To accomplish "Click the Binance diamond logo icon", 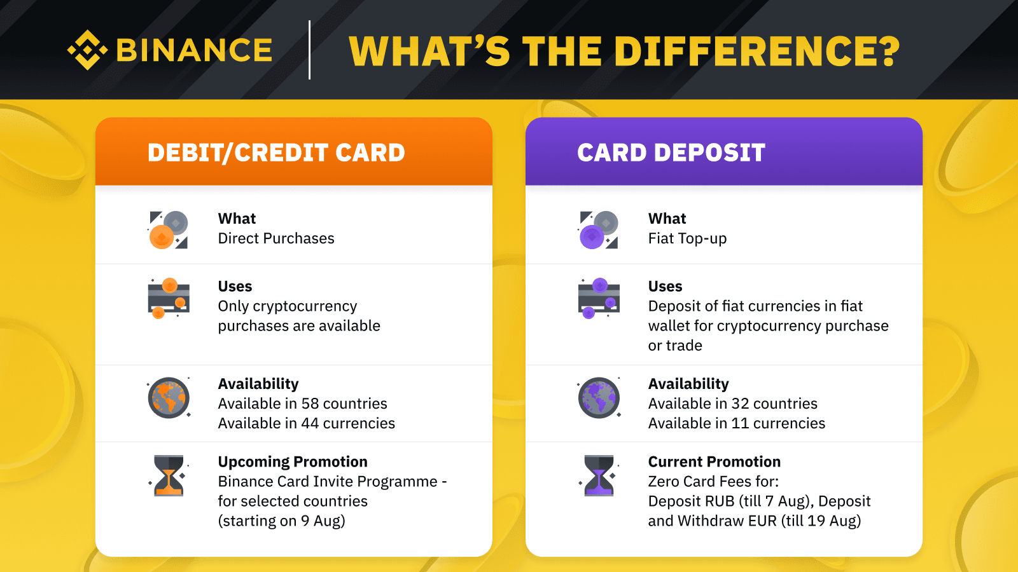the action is [x=87, y=50].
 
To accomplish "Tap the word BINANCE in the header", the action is [x=195, y=50].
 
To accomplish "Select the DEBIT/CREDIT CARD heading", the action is [x=276, y=153].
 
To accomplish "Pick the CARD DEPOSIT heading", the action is [x=671, y=153].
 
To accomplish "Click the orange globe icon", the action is [x=169, y=398].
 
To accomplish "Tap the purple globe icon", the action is [x=599, y=398].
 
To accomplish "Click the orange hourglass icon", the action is [x=169, y=476].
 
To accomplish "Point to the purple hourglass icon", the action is [x=599, y=476].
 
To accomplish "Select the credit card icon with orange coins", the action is [x=169, y=298].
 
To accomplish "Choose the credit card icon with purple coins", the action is [x=599, y=298].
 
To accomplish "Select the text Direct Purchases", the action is [x=276, y=238].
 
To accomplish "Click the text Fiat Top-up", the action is [x=687, y=238].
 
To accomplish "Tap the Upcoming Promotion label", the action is [x=293, y=461].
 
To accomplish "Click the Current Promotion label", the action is [x=715, y=461].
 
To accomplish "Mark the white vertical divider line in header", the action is [x=309, y=50].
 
